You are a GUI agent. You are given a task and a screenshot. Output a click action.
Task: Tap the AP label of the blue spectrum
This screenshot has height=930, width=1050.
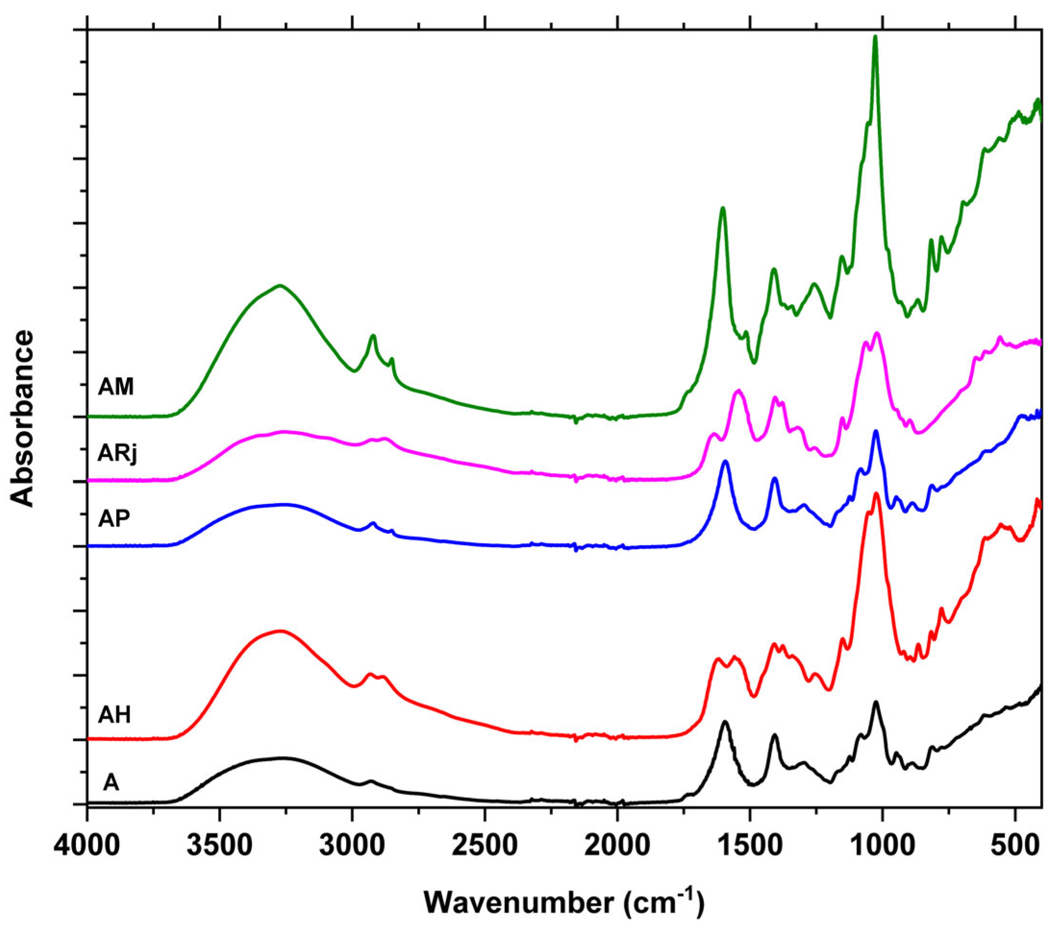click(114, 518)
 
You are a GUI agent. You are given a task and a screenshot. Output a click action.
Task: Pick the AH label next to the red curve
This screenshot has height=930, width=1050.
click(114, 714)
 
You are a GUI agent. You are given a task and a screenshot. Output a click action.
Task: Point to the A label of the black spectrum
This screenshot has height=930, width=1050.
click(111, 782)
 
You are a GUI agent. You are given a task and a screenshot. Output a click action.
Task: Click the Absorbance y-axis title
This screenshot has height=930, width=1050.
click(23, 418)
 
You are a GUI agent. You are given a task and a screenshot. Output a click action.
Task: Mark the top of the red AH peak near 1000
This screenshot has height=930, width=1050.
click(877, 494)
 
